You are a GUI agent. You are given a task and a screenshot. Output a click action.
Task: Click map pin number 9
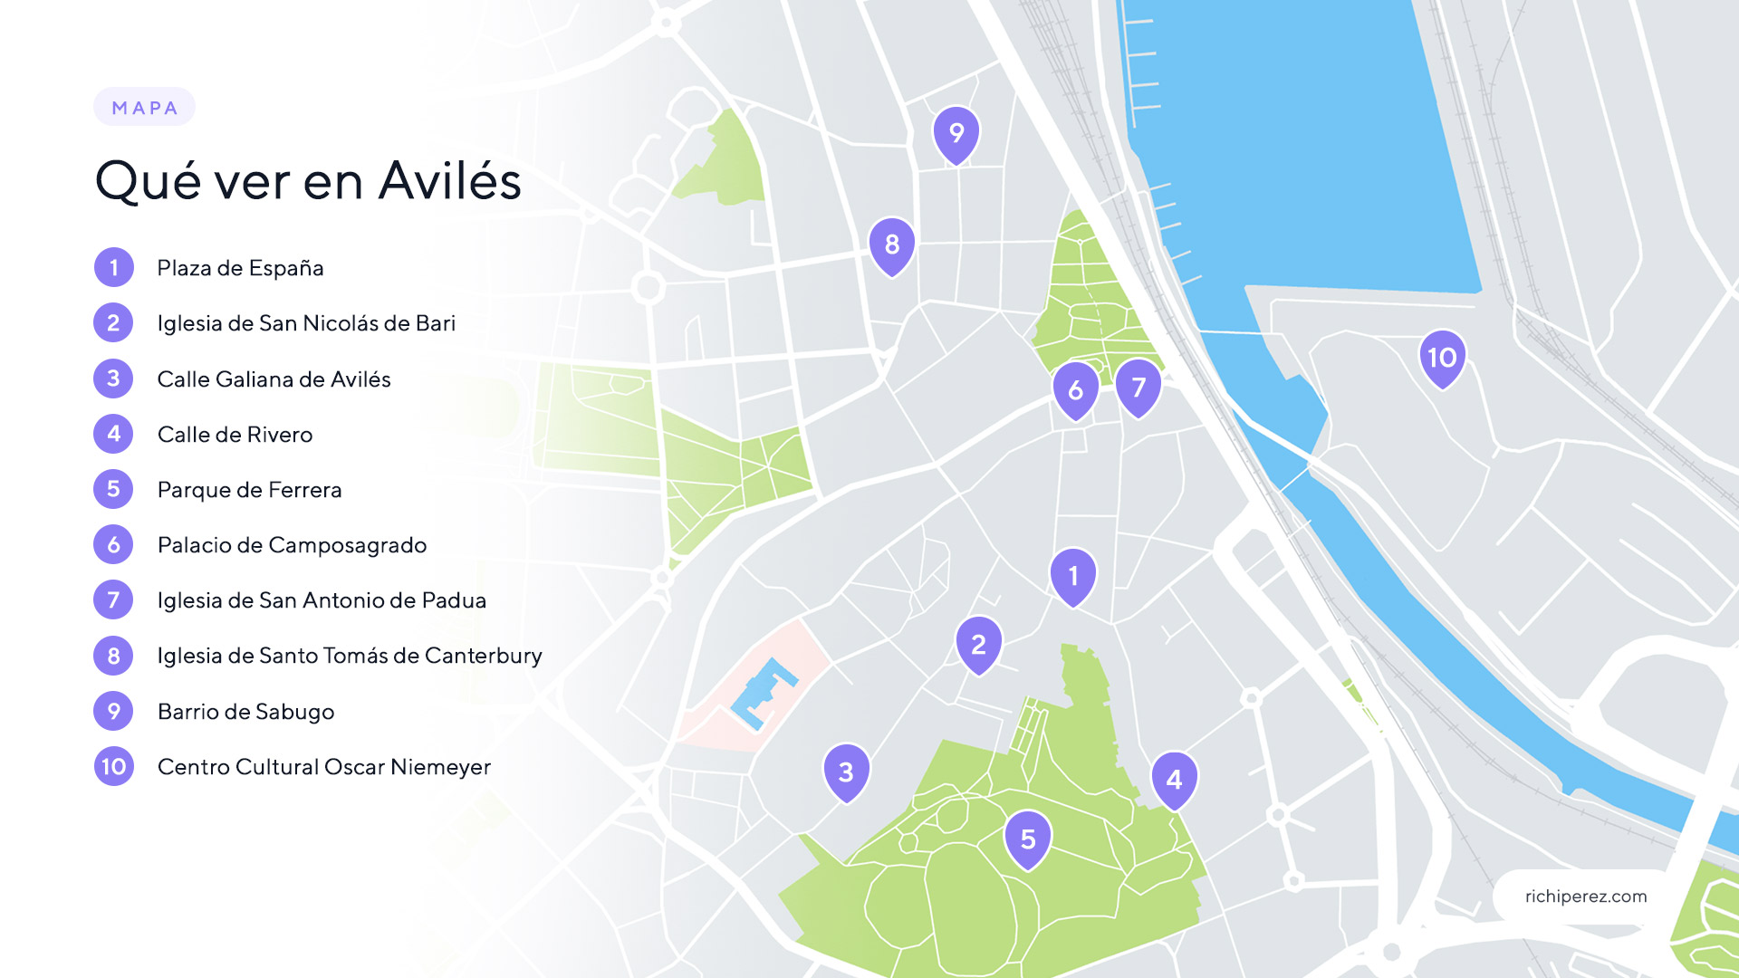point(956,134)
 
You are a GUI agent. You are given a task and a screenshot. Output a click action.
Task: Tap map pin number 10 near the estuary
point(1442,358)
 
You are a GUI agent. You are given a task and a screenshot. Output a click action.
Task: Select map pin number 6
point(1075,389)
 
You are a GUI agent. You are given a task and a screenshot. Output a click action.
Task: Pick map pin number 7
point(1139,387)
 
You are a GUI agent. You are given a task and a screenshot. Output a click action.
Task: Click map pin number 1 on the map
point(1073,576)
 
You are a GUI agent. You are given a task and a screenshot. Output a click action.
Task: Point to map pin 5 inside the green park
point(1027,839)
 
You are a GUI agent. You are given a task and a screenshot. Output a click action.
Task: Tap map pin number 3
point(846,772)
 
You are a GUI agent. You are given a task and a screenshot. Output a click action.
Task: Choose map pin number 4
point(1174,779)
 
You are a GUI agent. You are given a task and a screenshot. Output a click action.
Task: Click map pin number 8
point(892,244)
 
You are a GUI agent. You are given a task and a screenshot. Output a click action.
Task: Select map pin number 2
point(978,644)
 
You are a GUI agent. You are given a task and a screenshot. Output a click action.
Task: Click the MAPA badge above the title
point(145,108)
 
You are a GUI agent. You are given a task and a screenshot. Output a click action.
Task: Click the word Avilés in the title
point(450,180)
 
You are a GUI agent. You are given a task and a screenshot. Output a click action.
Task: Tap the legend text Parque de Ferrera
point(249,490)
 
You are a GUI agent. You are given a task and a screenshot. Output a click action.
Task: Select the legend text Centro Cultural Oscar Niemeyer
point(323,767)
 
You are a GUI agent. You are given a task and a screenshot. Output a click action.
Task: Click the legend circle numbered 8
point(113,656)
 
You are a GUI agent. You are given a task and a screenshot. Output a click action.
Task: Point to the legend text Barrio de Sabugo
point(245,712)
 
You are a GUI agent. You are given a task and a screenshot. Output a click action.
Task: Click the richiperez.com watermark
point(1585,896)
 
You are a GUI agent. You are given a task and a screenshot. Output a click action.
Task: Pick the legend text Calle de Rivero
point(235,435)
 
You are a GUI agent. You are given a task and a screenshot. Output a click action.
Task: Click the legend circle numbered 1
point(113,267)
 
